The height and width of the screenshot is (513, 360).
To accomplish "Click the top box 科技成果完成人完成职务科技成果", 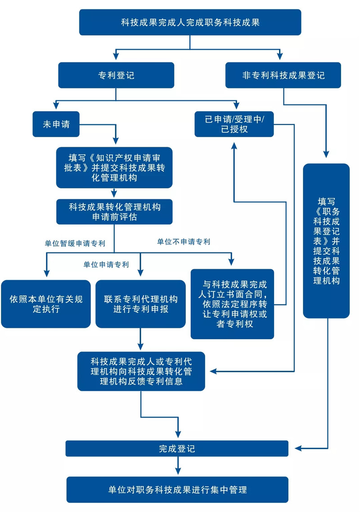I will pyautogui.click(x=190, y=22).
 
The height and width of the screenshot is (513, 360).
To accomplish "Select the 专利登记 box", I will pyautogui.click(x=116, y=75).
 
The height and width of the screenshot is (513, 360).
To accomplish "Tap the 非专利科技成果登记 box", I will pyautogui.click(x=283, y=75).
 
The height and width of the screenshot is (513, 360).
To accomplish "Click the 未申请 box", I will pyautogui.click(x=56, y=124).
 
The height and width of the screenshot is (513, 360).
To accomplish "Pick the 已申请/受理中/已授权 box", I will pyautogui.click(x=234, y=124).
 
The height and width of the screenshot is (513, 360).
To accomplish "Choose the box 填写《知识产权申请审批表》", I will pyautogui.click(x=114, y=167).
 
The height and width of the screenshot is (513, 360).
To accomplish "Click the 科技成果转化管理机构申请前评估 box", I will pyautogui.click(x=114, y=211).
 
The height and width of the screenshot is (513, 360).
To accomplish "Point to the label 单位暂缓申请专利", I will pyautogui.click(x=75, y=243).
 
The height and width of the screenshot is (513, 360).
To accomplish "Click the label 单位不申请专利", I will pyautogui.click(x=184, y=242).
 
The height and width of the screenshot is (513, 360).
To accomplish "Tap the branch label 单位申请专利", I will pyautogui.click(x=106, y=265).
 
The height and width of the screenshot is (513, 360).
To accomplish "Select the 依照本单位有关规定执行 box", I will pyautogui.click(x=46, y=304).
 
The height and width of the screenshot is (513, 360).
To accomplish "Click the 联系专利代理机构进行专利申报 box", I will pyautogui.click(x=140, y=304).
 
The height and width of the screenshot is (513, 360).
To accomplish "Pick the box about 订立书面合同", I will pyautogui.click(x=232, y=304).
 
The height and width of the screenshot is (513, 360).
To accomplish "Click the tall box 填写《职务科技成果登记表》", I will pyautogui.click(x=326, y=241).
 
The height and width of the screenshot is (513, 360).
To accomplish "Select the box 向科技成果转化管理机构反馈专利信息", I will pyautogui.click(x=141, y=371).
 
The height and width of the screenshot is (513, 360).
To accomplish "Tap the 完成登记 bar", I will pyautogui.click(x=177, y=449).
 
